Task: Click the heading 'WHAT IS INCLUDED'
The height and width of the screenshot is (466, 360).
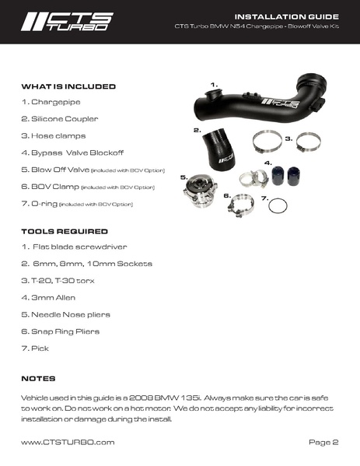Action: (x=68, y=86)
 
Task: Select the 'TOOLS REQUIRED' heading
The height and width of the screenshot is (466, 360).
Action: (x=64, y=231)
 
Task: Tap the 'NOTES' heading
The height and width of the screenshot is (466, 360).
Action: (x=38, y=378)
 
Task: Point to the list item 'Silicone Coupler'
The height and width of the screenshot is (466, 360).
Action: (x=55, y=118)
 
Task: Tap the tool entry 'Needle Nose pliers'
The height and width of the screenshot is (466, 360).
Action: (x=65, y=314)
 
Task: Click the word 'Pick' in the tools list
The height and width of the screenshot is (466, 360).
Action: (x=35, y=348)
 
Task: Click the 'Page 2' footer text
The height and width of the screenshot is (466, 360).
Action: (x=323, y=442)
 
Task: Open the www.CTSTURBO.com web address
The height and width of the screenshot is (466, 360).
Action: (x=68, y=442)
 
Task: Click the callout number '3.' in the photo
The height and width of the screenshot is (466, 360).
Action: (x=288, y=138)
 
